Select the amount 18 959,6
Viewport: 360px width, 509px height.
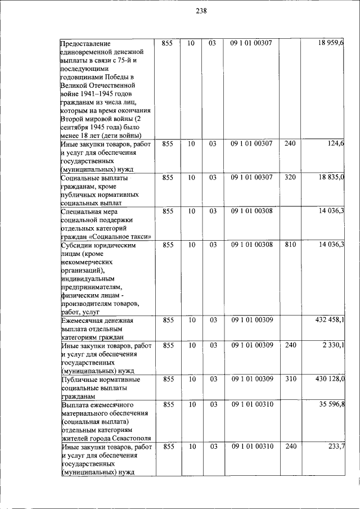(331, 43)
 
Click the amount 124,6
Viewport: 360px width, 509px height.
(336, 144)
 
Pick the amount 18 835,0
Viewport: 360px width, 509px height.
(331, 178)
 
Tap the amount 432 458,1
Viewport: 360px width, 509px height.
(329, 320)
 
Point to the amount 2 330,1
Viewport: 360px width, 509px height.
(333, 345)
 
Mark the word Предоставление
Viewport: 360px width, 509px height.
(85, 43)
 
